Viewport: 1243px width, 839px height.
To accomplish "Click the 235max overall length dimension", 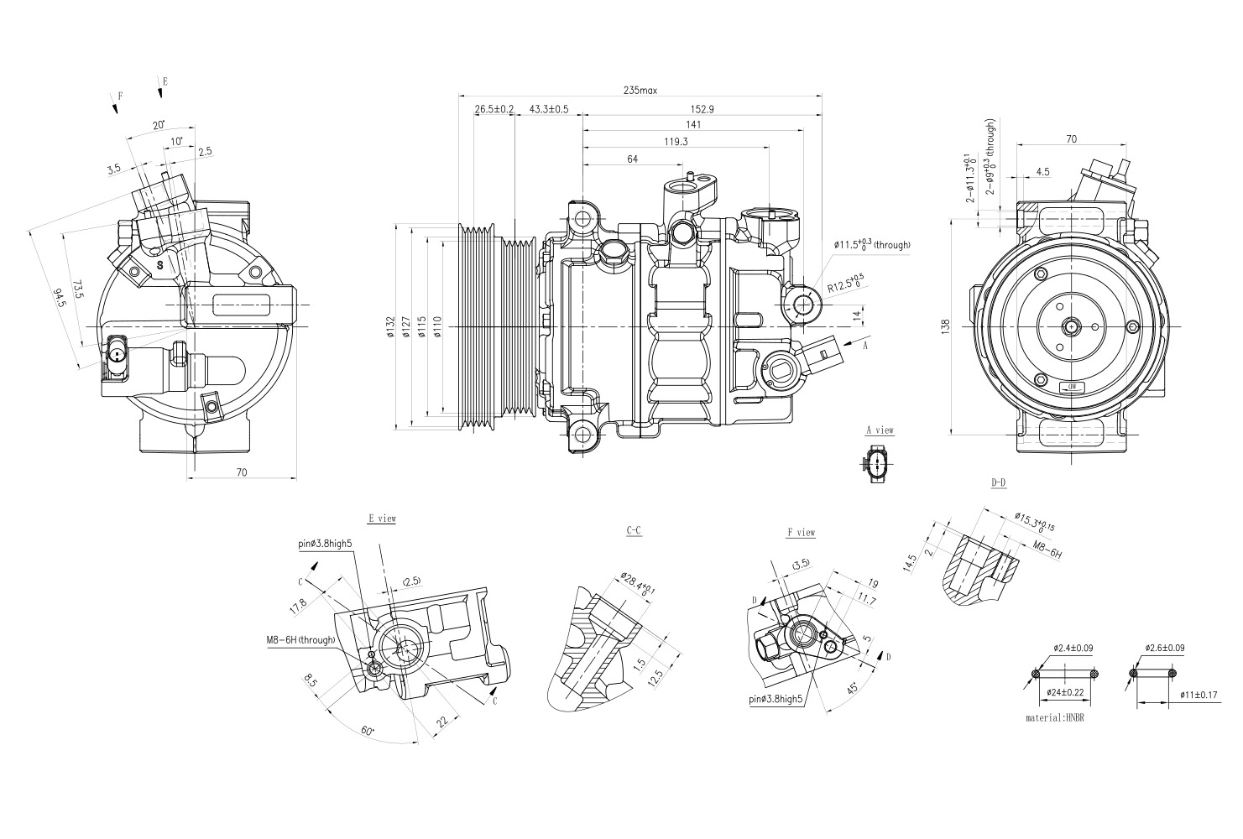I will (x=640, y=90).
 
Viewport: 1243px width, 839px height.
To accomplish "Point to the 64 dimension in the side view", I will (x=632, y=159).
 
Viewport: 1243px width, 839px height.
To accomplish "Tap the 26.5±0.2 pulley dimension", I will (x=494, y=109).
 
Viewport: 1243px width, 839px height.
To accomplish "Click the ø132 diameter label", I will (x=389, y=327).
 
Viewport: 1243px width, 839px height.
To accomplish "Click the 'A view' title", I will (x=880, y=430).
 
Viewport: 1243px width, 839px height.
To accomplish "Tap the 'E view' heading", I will (x=382, y=519).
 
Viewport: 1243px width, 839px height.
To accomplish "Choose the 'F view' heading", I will (x=801, y=532).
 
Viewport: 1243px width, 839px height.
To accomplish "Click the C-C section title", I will (x=634, y=530).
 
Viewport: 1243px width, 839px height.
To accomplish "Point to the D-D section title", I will (x=998, y=482).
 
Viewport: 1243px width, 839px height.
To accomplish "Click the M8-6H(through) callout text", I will (x=300, y=640).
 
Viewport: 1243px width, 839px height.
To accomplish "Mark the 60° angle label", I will (x=368, y=731).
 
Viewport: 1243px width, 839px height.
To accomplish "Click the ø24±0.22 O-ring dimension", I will (x=1065, y=693).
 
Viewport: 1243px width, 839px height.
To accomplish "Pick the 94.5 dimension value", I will (x=58, y=298).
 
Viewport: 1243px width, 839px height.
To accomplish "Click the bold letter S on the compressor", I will (x=159, y=264).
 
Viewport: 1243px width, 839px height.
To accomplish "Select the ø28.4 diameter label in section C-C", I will (x=635, y=586).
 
